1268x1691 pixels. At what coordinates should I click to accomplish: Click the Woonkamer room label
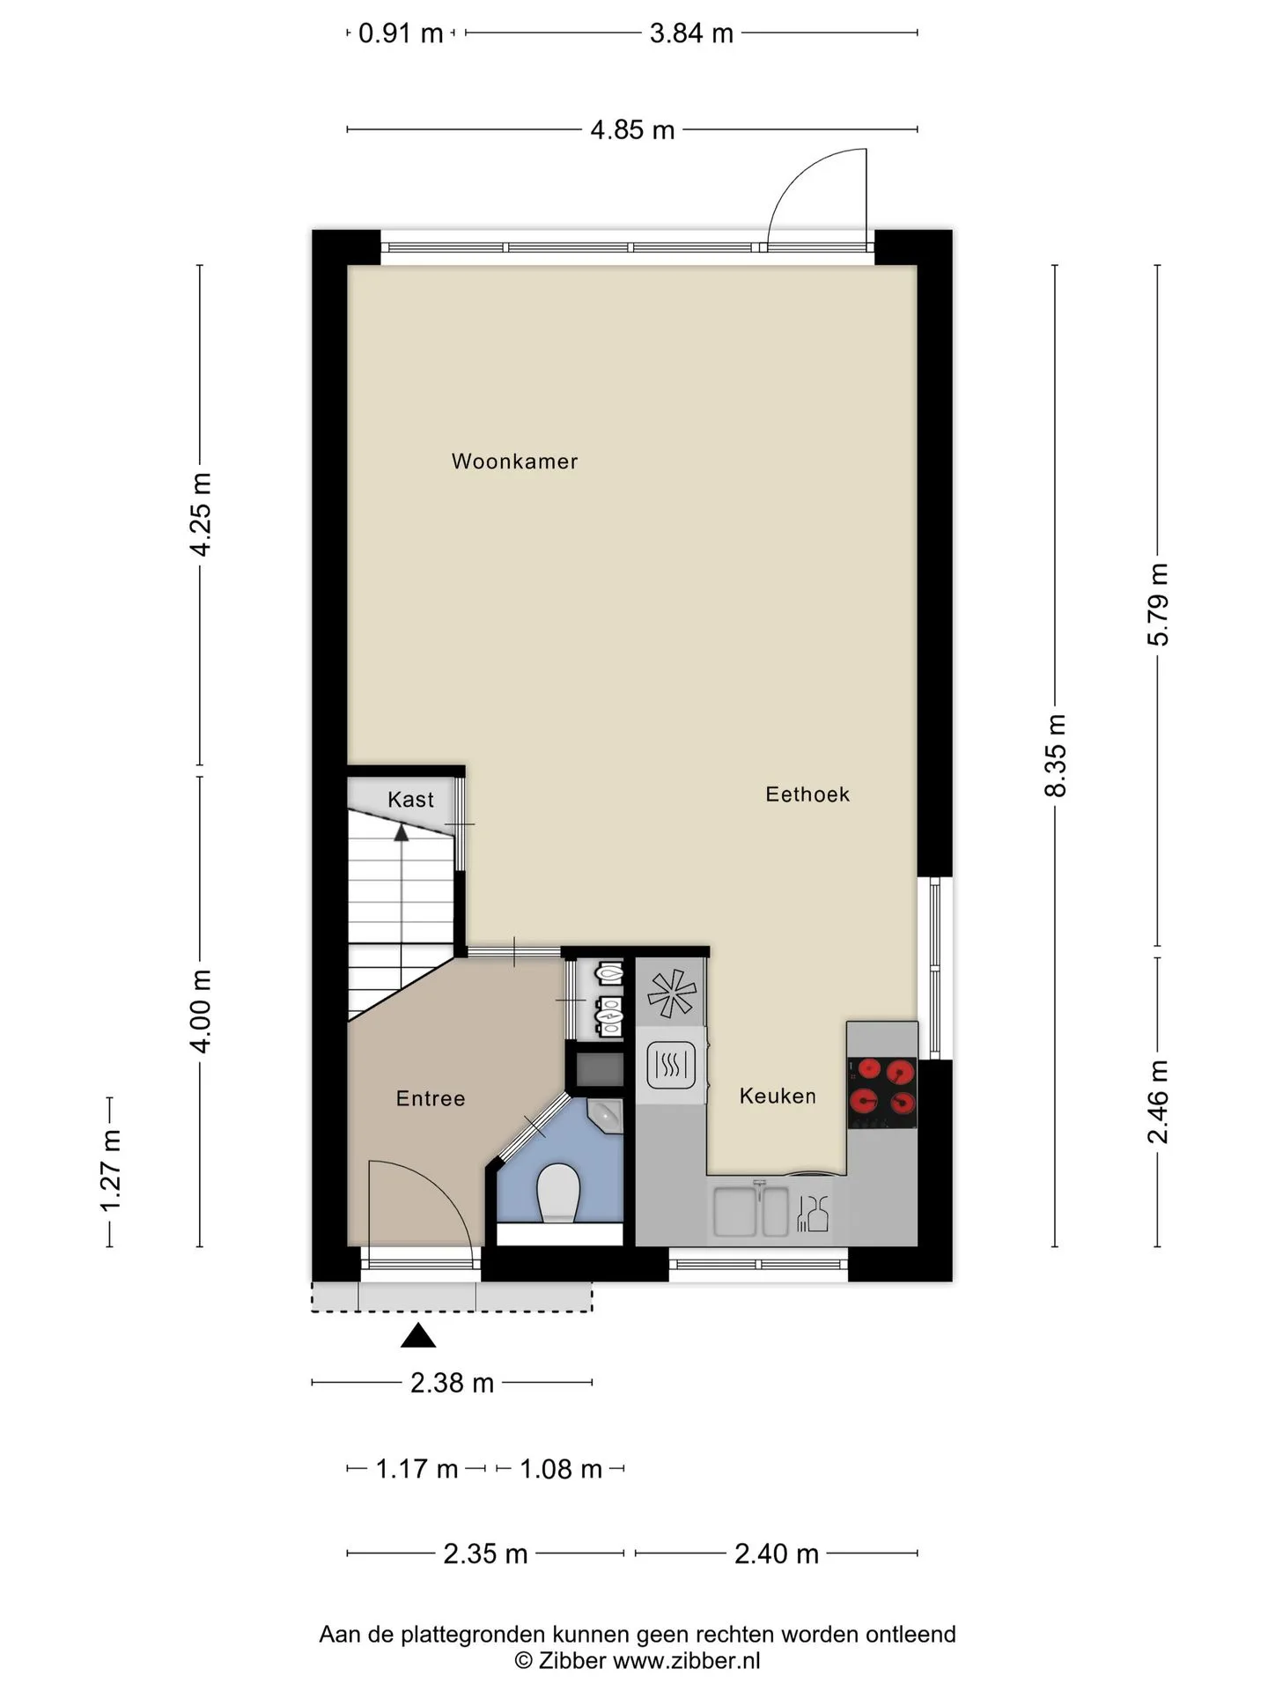(514, 461)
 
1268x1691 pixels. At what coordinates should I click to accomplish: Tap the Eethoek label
(807, 794)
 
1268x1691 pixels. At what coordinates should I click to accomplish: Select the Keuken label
(778, 1096)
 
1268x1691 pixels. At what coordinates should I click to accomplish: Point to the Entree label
(431, 1098)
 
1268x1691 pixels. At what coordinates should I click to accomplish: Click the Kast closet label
(410, 800)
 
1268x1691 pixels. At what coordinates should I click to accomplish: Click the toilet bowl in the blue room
(558, 1193)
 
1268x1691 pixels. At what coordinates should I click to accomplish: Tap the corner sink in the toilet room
(607, 1115)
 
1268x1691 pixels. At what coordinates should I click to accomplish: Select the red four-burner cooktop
(881, 1092)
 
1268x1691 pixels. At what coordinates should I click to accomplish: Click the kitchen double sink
(751, 1211)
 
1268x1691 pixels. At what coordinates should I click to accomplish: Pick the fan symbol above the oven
(672, 993)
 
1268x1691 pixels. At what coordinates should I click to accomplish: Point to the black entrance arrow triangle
(418, 1336)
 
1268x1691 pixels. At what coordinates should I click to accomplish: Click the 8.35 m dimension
(1055, 756)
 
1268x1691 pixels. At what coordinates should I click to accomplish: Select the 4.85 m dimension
(632, 130)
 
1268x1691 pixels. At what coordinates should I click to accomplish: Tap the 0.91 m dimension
(401, 33)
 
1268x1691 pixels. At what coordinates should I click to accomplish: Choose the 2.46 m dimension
(1158, 1101)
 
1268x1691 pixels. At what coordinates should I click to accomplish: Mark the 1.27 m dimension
(110, 1171)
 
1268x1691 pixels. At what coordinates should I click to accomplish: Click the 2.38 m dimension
(452, 1383)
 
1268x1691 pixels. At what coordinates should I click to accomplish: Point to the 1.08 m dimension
(561, 1469)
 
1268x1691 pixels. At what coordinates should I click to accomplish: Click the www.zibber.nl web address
(686, 1661)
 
